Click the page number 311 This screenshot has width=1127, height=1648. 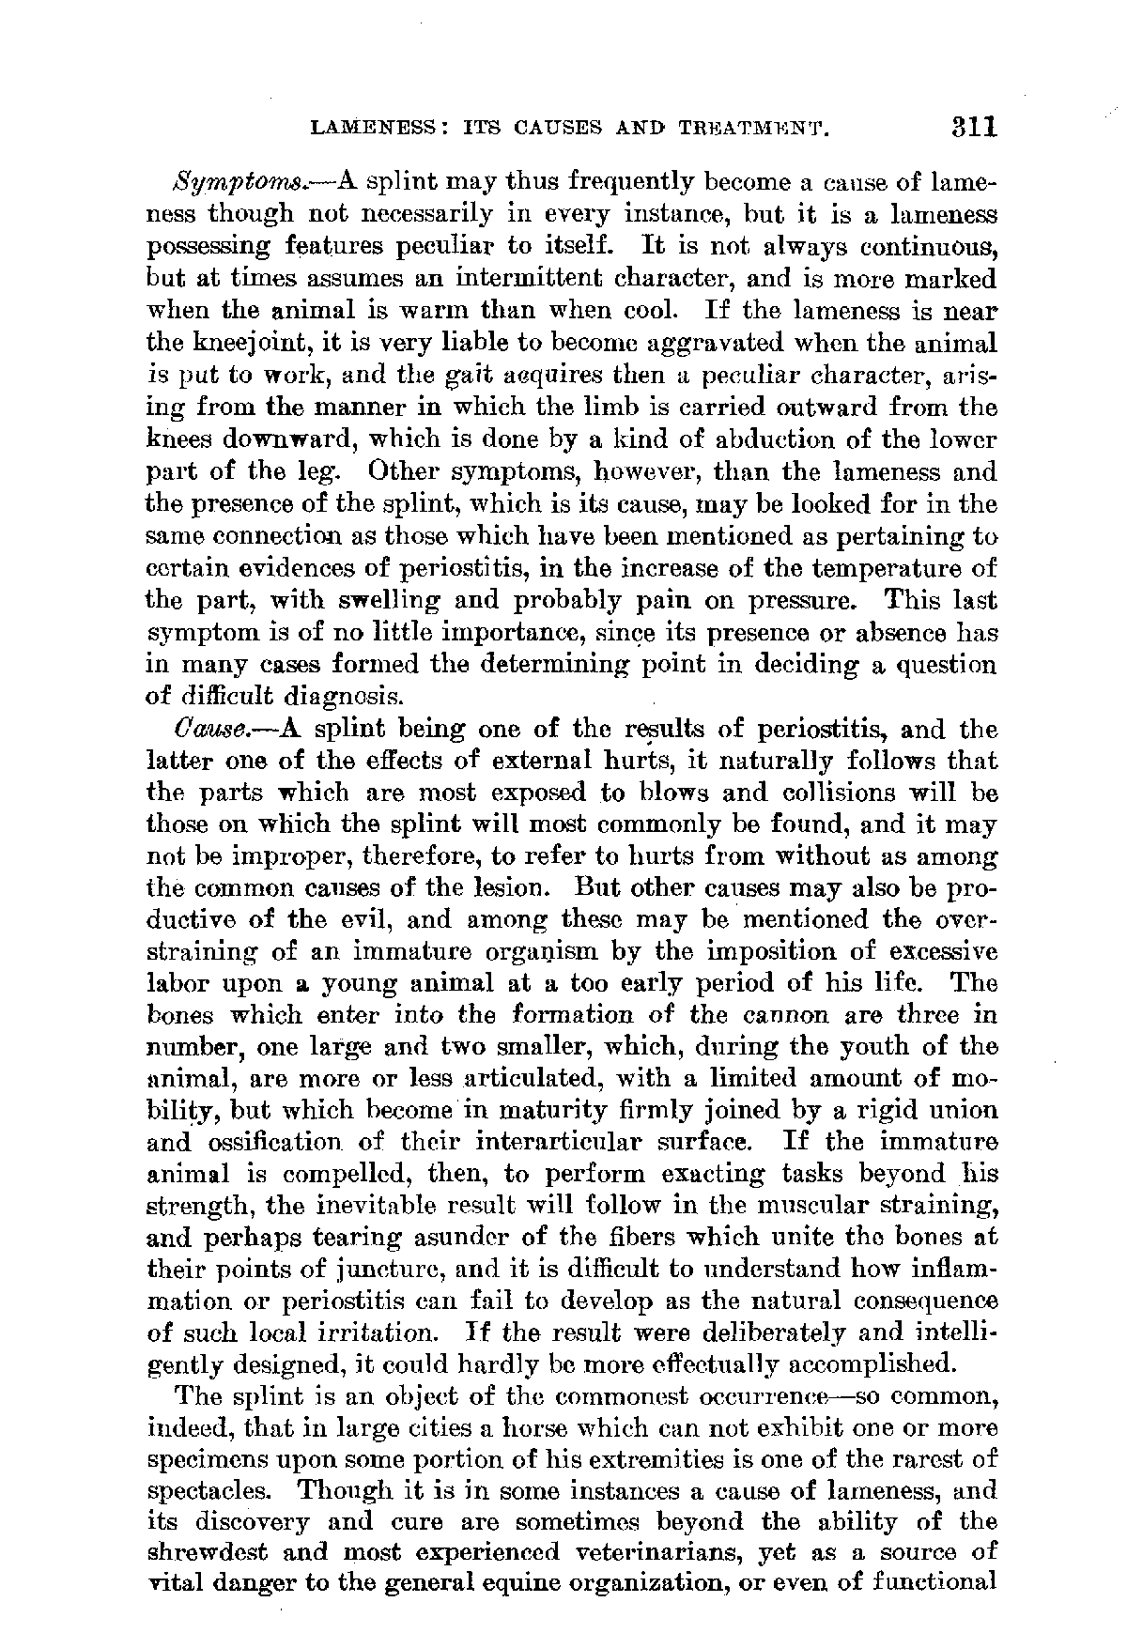tap(969, 127)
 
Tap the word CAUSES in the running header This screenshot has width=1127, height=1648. tap(547, 129)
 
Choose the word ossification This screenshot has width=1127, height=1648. tap(262, 1144)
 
